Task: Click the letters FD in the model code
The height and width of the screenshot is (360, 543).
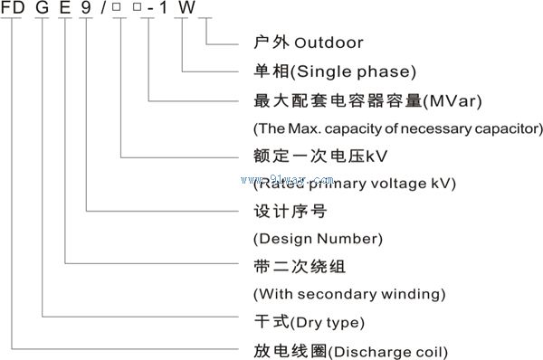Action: coord(14,12)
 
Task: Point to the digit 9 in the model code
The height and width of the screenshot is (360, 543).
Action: coord(86,12)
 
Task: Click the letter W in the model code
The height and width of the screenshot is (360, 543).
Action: coord(208,12)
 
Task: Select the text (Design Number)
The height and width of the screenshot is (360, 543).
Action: coord(307,239)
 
